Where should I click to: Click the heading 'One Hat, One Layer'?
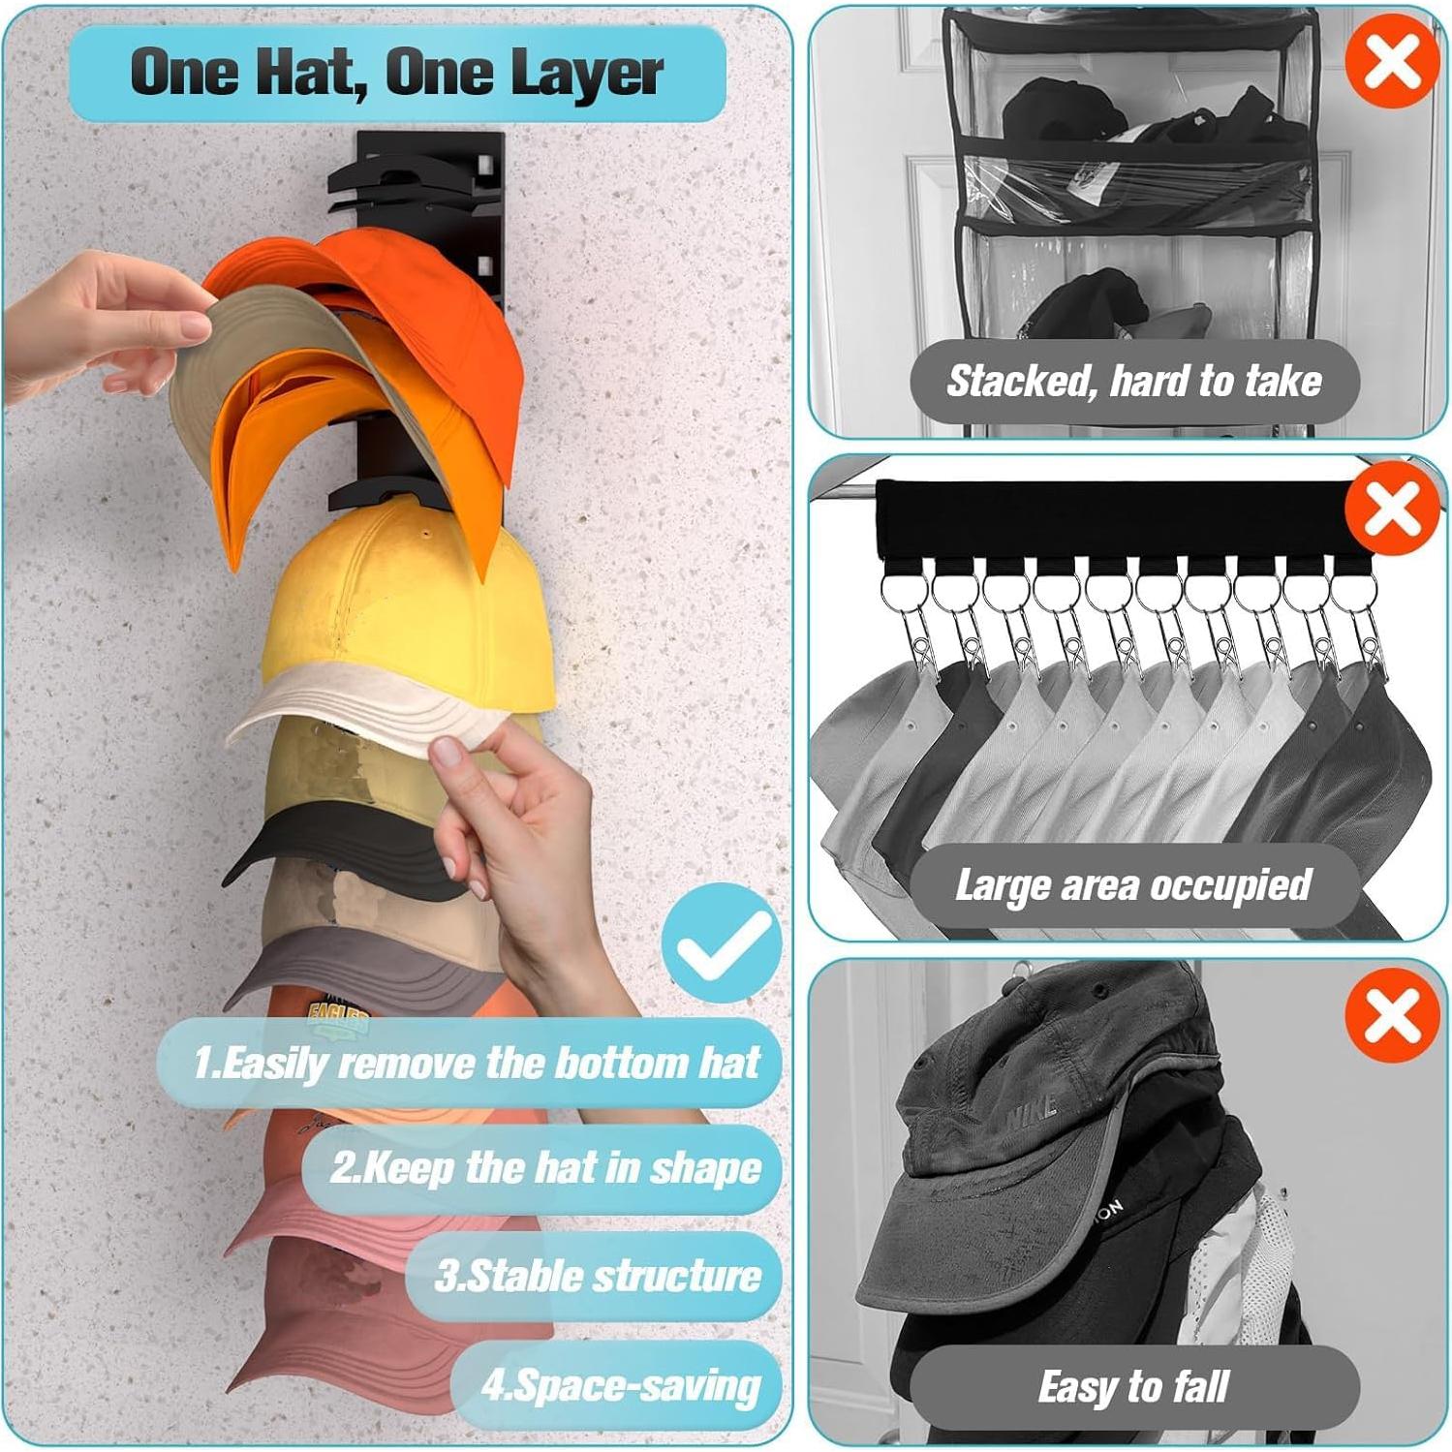point(397,74)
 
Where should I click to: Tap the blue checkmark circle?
point(722,945)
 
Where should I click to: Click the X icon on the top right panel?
point(1392,60)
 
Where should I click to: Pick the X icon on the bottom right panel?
point(1392,1015)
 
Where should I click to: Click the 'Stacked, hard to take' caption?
point(1133,382)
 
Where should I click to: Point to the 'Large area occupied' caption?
point(1133,885)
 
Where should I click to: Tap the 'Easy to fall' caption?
point(1133,1387)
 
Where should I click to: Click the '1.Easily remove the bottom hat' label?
point(475,1063)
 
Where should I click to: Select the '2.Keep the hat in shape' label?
point(544,1168)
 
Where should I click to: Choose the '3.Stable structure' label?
point(597,1276)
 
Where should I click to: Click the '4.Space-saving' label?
point(620,1385)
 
